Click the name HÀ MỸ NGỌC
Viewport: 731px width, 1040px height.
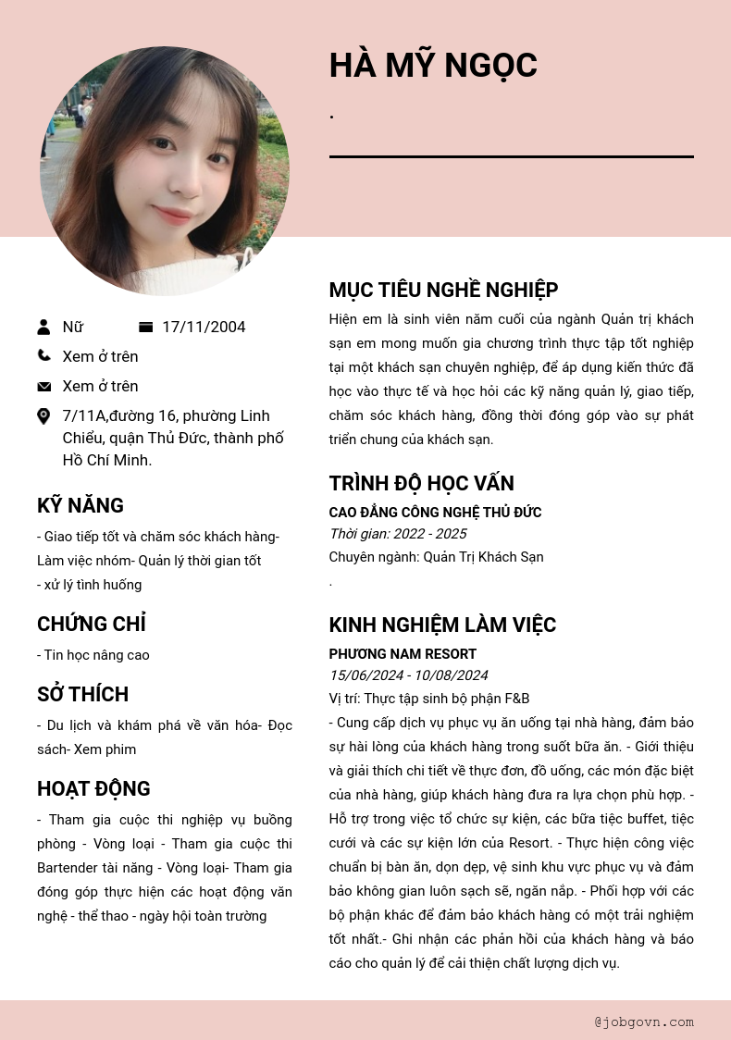[x=433, y=66]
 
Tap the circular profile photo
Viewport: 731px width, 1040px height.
[x=165, y=171]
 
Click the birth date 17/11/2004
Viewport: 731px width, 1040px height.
[x=204, y=327]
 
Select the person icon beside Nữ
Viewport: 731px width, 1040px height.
[x=43, y=327]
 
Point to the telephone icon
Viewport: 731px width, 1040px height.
[x=43, y=355]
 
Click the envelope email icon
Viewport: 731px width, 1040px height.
[x=43, y=386]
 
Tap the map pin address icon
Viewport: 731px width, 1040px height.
[x=43, y=416]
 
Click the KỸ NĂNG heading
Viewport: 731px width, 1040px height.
[x=81, y=505]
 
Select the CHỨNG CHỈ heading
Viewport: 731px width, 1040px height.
[x=92, y=624]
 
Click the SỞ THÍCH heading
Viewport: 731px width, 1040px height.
[x=82, y=694]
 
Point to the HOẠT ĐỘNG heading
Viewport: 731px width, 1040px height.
[x=93, y=788]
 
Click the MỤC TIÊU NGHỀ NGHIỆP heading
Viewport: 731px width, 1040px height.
[x=443, y=290]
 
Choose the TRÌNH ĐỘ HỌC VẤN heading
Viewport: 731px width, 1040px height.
[x=421, y=483]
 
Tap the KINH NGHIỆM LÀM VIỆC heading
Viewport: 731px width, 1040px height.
[x=442, y=625]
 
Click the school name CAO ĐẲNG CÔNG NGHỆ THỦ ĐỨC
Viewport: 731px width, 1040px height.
[x=435, y=513]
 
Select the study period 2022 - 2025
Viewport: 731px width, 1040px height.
[x=398, y=534]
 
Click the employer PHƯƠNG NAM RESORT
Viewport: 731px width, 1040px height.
[x=403, y=654]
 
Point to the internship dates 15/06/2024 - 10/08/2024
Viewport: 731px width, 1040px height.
[x=408, y=675]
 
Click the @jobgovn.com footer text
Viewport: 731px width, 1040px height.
[x=644, y=1022]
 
